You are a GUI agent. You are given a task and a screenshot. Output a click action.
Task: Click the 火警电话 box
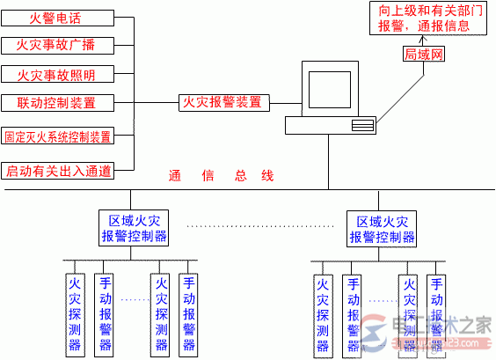tap(58, 18)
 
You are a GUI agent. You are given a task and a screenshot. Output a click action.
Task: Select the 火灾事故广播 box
tap(58, 46)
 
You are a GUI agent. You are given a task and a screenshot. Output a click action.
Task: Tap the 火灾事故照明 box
tap(58, 75)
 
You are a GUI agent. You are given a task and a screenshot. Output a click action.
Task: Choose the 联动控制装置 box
tap(58, 103)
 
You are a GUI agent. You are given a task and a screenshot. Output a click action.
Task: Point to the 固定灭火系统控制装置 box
tap(58, 136)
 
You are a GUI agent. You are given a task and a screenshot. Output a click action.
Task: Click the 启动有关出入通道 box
tap(58, 169)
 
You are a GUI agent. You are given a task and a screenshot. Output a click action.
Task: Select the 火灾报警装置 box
tap(222, 102)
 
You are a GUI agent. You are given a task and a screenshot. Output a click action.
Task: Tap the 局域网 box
tap(425, 55)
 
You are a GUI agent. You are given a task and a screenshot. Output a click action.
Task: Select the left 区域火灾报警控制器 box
tap(133, 228)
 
